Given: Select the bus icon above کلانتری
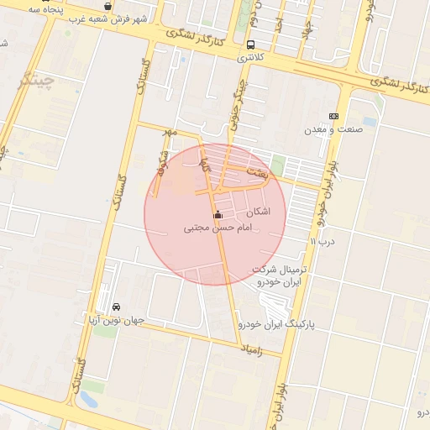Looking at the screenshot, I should [x=251, y=45].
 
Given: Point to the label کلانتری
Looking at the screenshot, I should [x=251, y=58].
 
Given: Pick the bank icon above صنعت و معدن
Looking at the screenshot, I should [x=334, y=116].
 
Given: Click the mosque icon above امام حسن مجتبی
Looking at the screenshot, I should [x=218, y=213].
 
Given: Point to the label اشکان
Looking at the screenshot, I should [x=268, y=212].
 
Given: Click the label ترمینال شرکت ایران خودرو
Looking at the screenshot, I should [x=281, y=275].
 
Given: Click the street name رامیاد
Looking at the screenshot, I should [x=250, y=348].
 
